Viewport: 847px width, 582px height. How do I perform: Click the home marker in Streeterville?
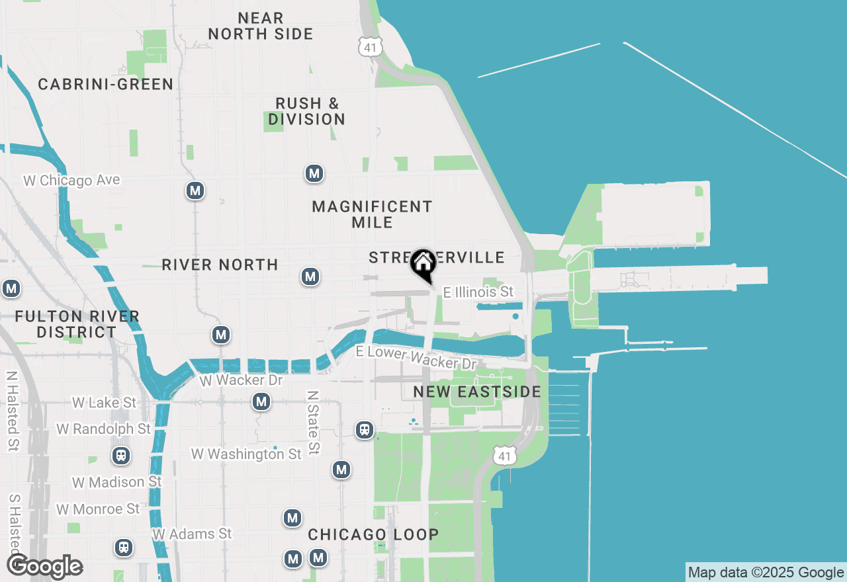point(423,264)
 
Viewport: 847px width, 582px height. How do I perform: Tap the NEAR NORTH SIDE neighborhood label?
point(261,26)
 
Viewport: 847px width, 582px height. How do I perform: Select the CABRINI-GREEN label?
point(106,85)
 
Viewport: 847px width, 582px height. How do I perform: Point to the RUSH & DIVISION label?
point(307,112)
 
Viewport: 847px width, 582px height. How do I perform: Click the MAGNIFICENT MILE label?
point(372,214)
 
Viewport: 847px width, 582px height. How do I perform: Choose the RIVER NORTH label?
point(220,265)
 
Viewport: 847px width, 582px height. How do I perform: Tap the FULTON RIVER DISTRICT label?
point(77,324)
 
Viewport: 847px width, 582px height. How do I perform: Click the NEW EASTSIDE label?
point(477,392)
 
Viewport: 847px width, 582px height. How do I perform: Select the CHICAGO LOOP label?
point(373,534)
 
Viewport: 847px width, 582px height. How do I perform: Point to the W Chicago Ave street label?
point(71,181)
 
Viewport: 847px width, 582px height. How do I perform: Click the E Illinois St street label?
point(478,292)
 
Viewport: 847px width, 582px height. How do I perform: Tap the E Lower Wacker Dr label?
point(416,357)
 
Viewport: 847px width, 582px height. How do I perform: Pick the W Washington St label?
point(246,454)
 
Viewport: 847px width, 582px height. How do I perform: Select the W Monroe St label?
point(98,509)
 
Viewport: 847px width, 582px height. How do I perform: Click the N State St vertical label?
point(313,422)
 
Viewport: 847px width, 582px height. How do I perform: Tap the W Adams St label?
point(192,534)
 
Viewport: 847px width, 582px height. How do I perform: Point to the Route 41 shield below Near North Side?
point(368,45)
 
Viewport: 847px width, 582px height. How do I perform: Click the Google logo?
point(44,567)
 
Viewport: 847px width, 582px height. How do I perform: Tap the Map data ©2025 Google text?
point(766,573)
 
